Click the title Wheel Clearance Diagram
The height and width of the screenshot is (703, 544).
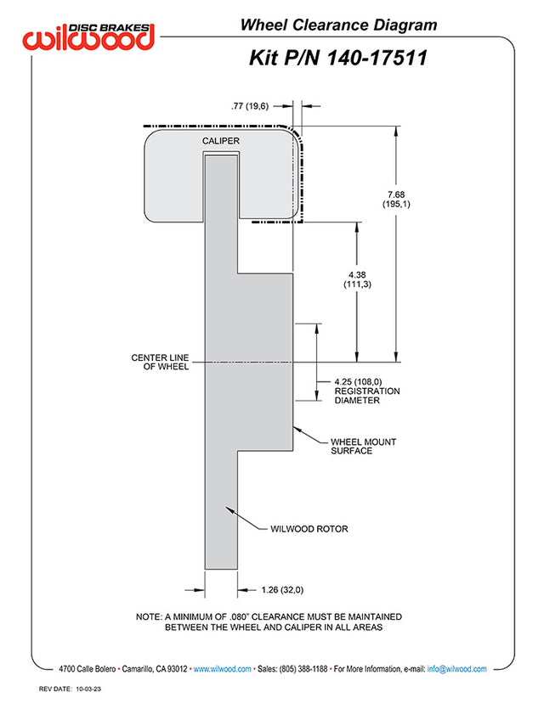point(338,25)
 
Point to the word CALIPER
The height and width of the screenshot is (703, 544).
point(220,140)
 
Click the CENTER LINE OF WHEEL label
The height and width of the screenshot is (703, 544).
point(160,362)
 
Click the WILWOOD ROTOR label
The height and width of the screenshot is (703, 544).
point(309,529)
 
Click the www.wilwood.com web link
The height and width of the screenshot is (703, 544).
point(223,669)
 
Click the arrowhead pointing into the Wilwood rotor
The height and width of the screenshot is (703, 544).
point(229,510)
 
